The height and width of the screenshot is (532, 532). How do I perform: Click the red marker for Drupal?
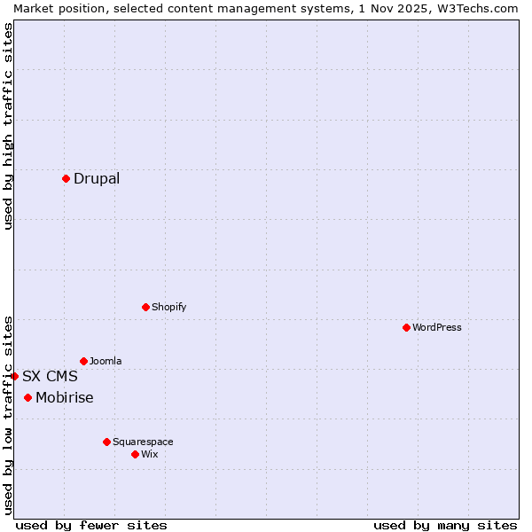click(66, 178)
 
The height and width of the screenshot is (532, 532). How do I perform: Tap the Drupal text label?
click(97, 179)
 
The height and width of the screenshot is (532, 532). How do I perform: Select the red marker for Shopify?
click(145, 307)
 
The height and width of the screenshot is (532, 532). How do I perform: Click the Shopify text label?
click(168, 308)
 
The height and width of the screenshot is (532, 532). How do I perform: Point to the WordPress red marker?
click(406, 327)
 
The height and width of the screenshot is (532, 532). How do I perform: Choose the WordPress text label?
click(436, 328)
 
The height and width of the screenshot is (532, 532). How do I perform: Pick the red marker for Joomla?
click(83, 361)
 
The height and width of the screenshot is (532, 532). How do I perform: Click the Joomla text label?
click(106, 362)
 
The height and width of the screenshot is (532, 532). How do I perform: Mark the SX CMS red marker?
click(15, 376)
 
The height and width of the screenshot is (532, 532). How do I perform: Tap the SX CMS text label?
click(50, 377)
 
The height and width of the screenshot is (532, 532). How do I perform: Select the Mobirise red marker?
click(28, 397)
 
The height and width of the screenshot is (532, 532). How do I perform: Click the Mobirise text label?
click(64, 398)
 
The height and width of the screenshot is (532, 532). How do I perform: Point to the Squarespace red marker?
click(106, 442)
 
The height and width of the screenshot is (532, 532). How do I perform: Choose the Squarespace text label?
click(143, 442)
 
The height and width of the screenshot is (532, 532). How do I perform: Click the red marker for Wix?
click(135, 454)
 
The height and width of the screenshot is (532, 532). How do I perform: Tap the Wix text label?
click(149, 455)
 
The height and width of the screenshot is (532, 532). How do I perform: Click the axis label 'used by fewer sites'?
click(91, 526)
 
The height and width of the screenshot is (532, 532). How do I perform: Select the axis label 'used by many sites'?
click(445, 526)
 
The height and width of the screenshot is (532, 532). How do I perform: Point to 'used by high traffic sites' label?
click(8, 126)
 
